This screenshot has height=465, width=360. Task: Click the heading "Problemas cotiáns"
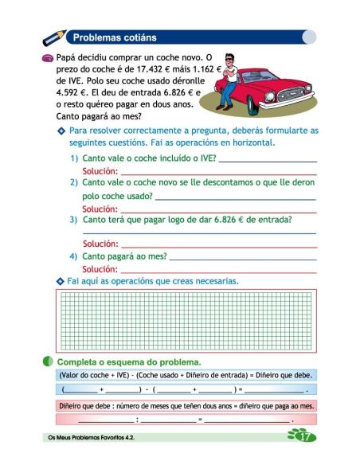pos(115,37)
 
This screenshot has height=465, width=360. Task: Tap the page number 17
pos(303,436)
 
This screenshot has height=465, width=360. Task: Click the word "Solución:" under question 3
pos(100,244)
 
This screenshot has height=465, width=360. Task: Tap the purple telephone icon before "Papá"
pos(48,58)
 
